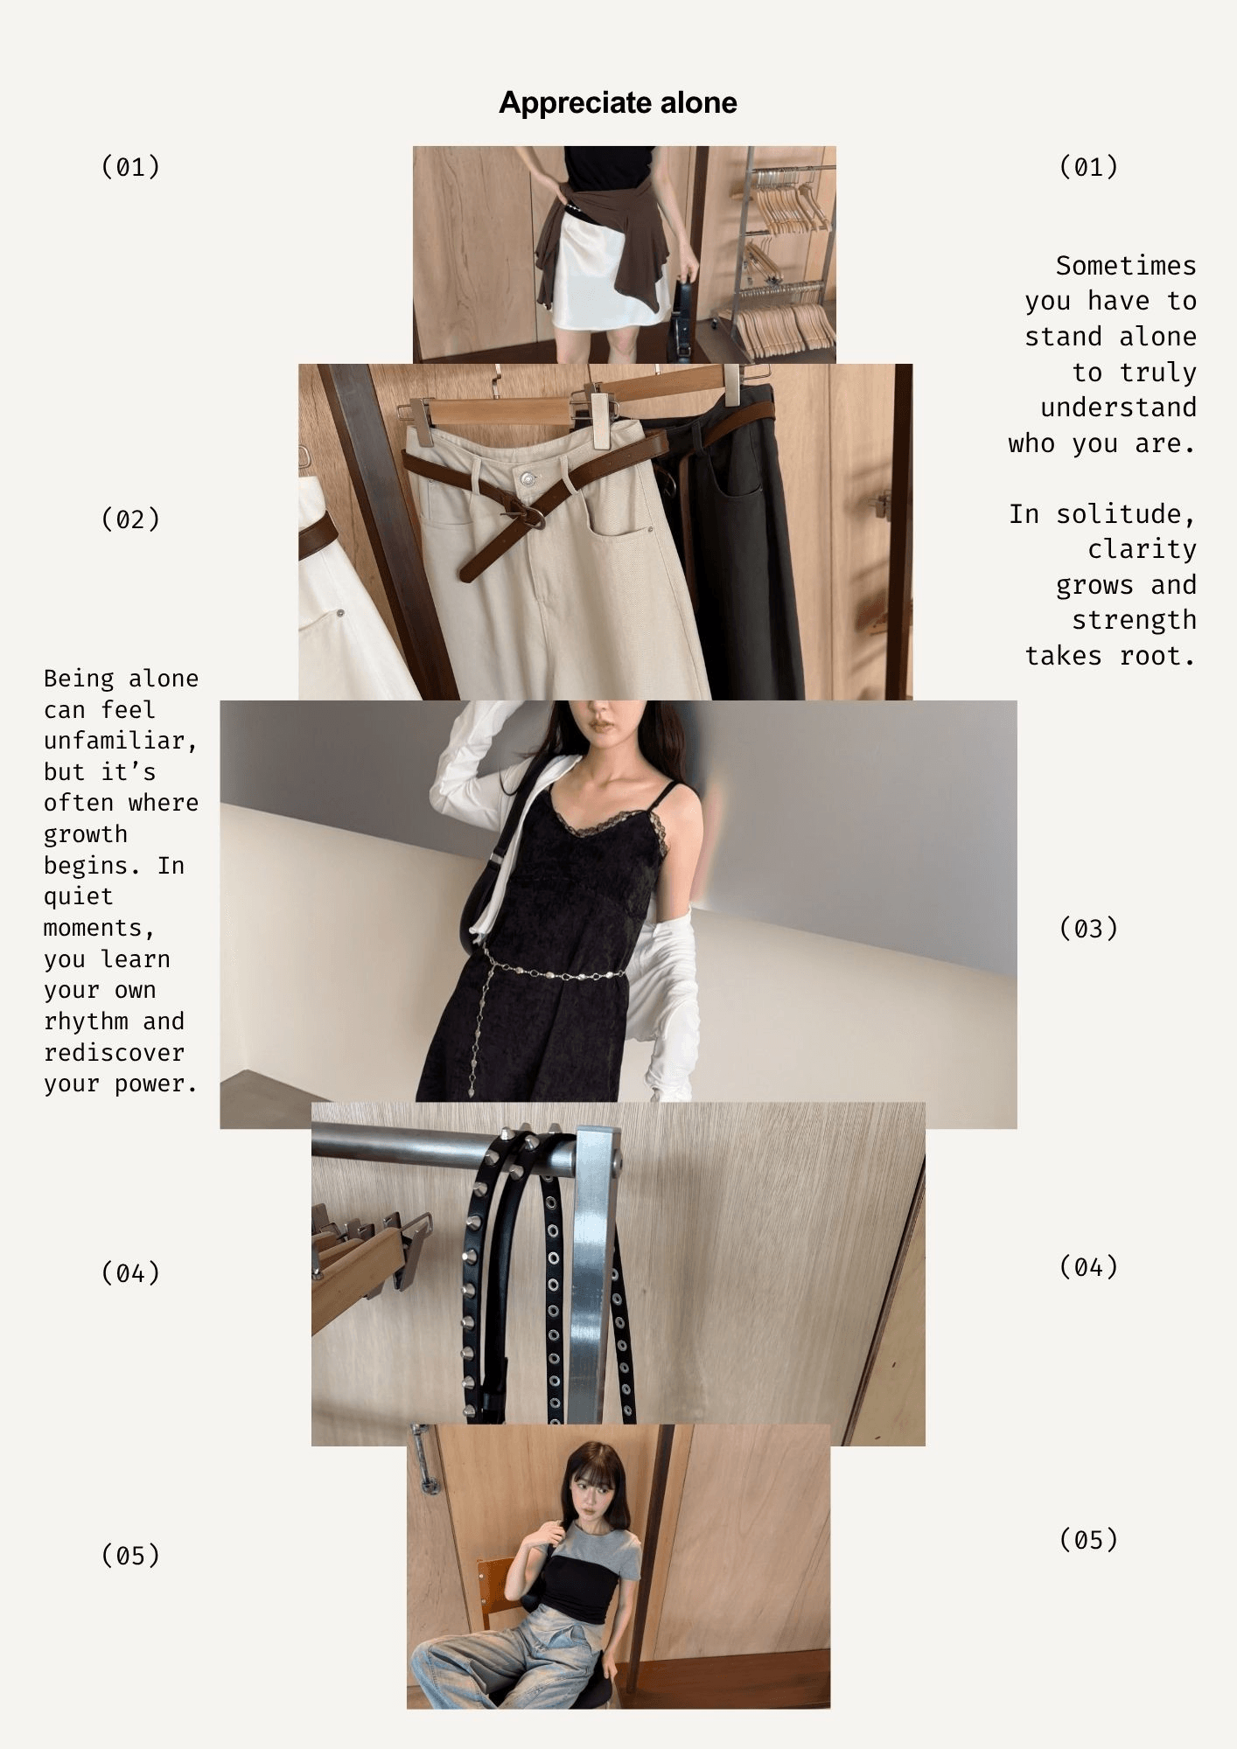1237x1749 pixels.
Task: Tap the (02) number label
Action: click(131, 519)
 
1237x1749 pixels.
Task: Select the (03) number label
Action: click(1088, 928)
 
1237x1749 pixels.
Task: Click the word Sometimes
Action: click(1126, 265)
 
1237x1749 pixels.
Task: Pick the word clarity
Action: click(1142, 548)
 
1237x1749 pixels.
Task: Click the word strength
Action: click(1134, 620)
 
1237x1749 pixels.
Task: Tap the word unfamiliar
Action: click(121, 741)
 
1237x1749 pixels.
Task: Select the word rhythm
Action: click(86, 1021)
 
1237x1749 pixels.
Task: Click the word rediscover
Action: click(114, 1052)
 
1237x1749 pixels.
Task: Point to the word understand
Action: click(1118, 408)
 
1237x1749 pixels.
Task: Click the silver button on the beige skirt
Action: click(527, 478)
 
